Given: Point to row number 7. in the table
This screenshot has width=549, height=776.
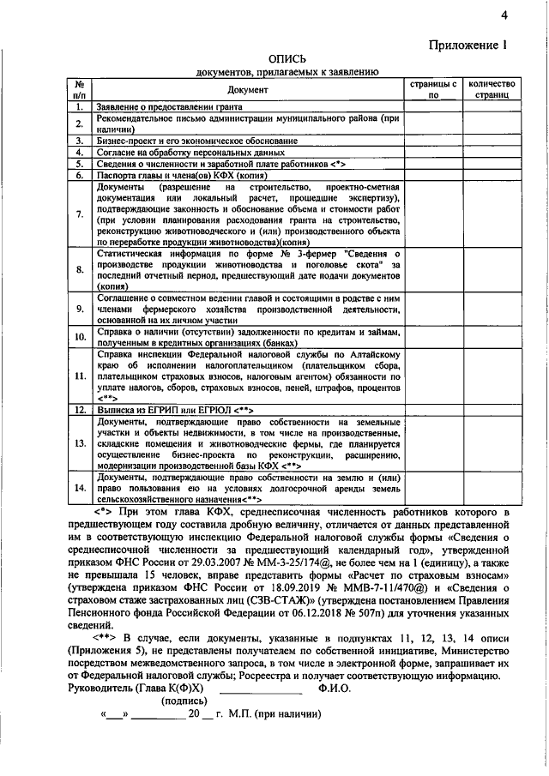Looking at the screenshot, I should (x=78, y=214).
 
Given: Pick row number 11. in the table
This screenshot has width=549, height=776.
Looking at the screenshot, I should (x=78, y=376).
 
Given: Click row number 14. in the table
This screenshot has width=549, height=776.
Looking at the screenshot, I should (x=78, y=488).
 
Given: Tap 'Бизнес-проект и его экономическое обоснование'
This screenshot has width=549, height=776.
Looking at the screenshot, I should (x=197, y=140).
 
